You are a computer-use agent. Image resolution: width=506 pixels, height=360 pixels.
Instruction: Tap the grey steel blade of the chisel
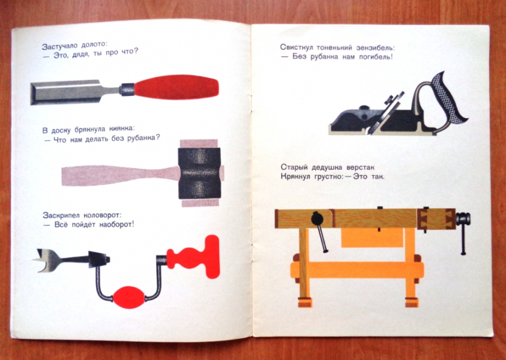coord(74,92)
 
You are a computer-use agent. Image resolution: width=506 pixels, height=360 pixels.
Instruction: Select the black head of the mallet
coord(199,173)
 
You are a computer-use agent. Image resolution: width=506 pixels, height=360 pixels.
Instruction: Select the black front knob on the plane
coord(364,108)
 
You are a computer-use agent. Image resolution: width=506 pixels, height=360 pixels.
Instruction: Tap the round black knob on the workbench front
coord(316,218)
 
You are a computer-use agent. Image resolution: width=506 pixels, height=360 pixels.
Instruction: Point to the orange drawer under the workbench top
coord(372,238)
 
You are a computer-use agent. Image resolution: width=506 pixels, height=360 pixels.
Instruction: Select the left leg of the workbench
coord(304,268)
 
